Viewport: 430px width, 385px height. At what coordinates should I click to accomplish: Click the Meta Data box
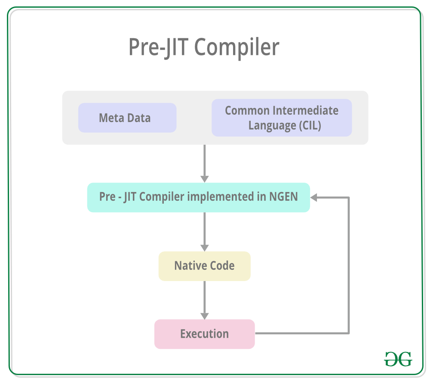(127, 118)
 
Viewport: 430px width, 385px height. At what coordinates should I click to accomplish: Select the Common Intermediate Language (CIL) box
(282, 118)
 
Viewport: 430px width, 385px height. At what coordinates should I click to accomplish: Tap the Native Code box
(204, 266)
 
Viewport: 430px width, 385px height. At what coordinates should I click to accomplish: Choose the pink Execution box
(204, 334)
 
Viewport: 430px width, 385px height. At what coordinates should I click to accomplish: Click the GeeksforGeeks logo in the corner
(398, 359)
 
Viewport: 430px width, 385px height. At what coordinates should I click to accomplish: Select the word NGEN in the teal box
(283, 197)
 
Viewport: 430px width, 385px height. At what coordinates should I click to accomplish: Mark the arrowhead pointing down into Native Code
(205, 247)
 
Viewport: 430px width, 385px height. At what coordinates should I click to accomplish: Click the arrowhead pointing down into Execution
(205, 315)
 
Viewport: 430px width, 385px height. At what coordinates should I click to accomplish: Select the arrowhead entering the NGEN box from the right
(314, 197)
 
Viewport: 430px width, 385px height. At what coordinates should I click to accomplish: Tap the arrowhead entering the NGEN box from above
(205, 179)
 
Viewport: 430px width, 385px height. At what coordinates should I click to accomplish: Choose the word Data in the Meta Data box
(139, 118)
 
